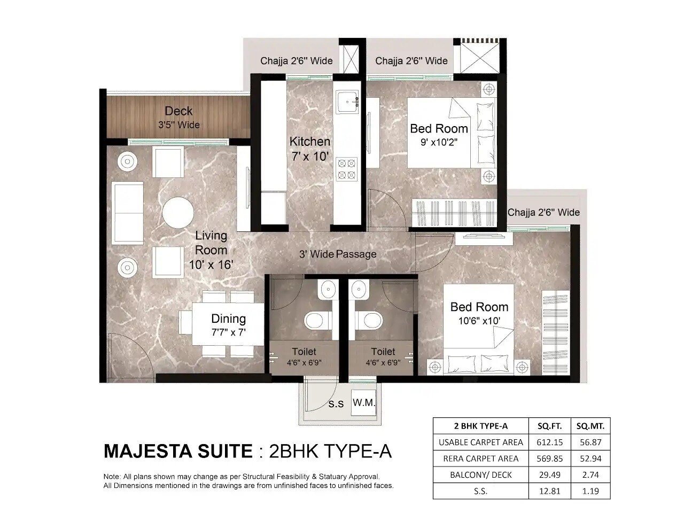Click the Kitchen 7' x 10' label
309,149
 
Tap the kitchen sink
348,101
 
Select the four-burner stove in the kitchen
346,168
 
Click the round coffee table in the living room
178,213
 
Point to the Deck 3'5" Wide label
178,117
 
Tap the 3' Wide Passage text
337,254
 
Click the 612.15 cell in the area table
549,442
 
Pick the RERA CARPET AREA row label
480,458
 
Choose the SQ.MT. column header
590,426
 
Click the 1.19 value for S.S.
590,491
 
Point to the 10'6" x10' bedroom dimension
479,321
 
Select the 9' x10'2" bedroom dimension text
439,143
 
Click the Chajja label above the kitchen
296,61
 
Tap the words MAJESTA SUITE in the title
177,451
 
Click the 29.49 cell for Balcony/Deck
549,475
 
